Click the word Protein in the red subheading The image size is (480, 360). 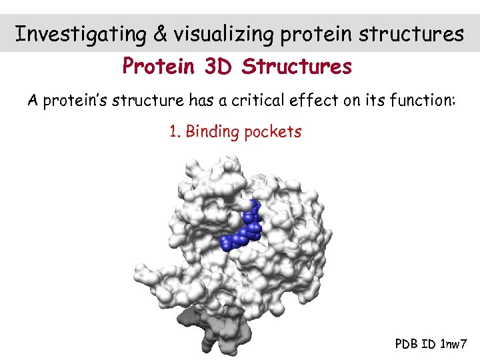coord(157,67)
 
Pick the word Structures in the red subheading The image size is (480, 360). coord(297,67)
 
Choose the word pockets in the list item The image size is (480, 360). coord(273,132)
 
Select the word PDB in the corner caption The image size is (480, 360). coord(407,344)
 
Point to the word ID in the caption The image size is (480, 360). coord(429,344)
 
